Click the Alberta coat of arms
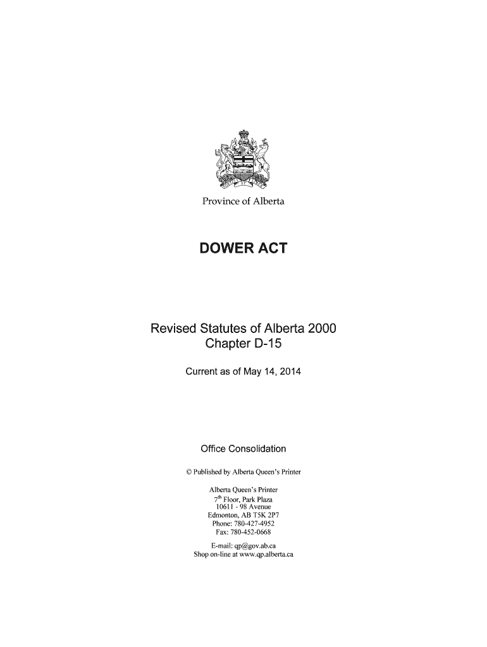(x=243, y=160)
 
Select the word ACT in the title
(x=273, y=249)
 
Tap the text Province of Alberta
(x=243, y=201)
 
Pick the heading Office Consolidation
(x=243, y=449)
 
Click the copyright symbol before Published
(x=187, y=472)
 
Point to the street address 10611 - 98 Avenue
(x=244, y=507)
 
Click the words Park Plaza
(x=257, y=499)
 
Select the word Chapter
(x=228, y=345)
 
